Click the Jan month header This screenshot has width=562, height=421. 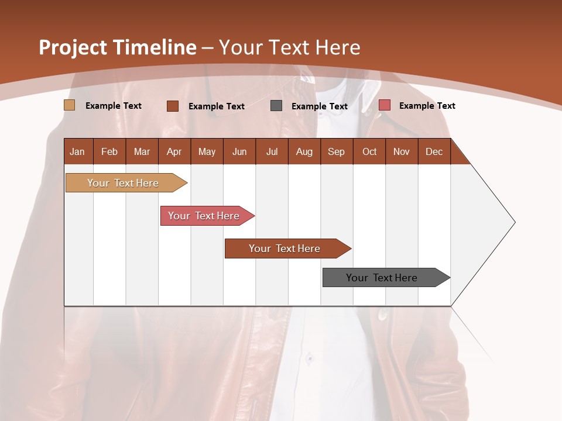coord(77,151)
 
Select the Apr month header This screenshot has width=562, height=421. coord(174,151)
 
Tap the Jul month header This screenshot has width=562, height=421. coord(272,151)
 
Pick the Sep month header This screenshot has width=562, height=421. coord(336,151)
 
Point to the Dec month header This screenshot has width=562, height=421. coord(434,151)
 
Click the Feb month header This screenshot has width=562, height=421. coord(109,151)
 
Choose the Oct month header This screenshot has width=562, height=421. coord(369,151)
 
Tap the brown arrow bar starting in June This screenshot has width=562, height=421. coord(285,249)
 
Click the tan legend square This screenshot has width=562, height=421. coord(70,105)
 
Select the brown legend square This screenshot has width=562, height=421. coord(172,106)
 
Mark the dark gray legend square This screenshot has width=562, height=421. coord(276,106)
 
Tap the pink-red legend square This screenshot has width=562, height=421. coord(384,105)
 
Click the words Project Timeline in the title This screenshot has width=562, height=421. coord(118,47)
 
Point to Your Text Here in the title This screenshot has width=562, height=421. coord(289,47)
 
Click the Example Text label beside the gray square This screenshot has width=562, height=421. coord(319,106)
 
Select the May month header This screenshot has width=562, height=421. coord(207,151)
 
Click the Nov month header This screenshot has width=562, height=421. coord(402,151)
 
